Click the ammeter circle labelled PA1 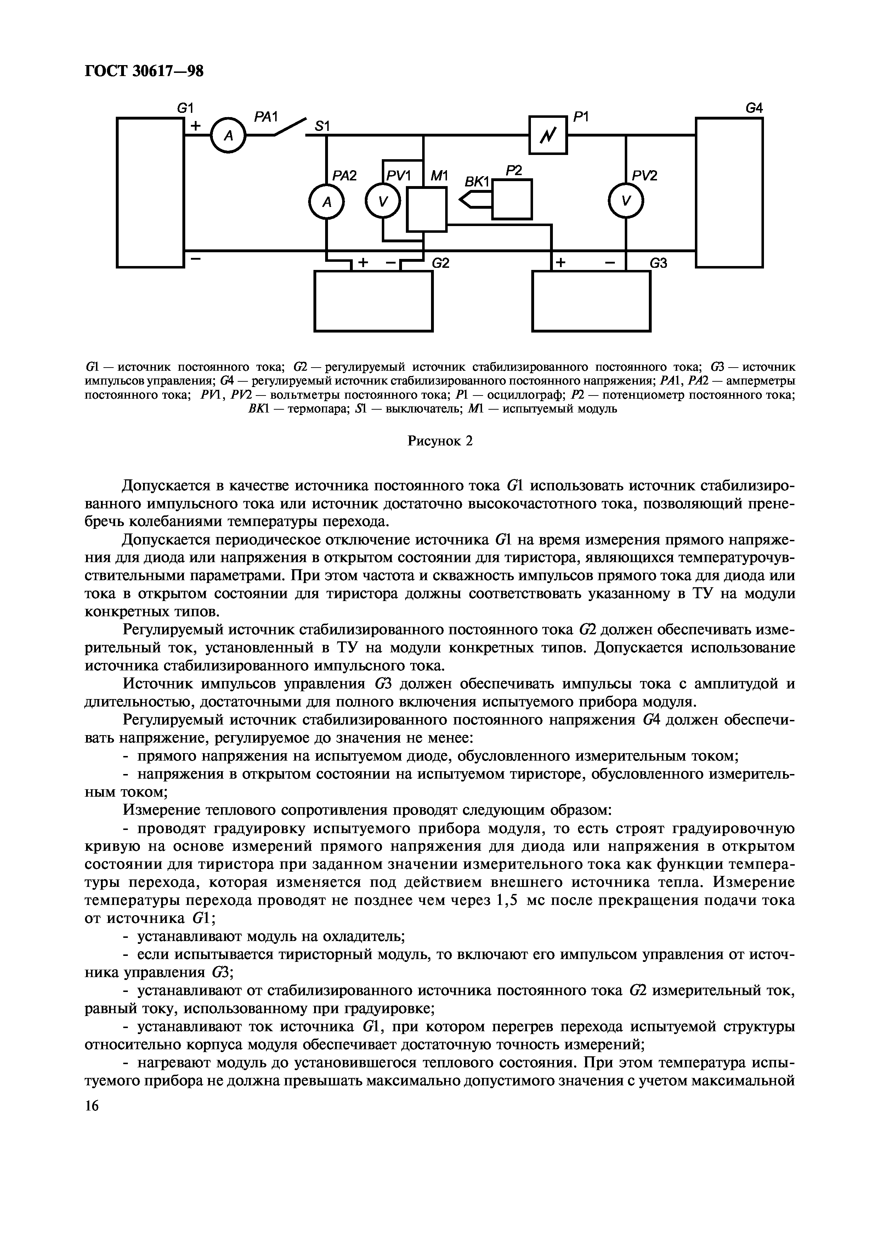click(228, 135)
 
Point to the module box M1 click(427, 209)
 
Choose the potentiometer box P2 click(512, 199)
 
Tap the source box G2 click(373, 301)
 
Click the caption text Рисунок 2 click(440, 441)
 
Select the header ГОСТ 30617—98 click(145, 71)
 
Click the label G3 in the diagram click(658, 263)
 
